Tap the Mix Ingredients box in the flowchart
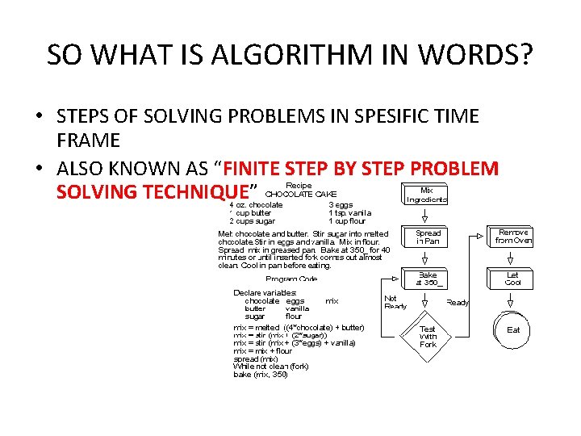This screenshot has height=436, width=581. click(428, 195)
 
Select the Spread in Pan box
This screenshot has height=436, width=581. click(428, 237)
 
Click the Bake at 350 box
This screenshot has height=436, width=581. click(428, 279)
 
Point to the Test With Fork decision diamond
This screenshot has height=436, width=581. click(428, 336)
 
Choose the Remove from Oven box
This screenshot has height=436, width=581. click(514, 236)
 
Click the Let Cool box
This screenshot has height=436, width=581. click(513, 279)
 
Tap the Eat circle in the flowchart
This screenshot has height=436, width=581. click(513, 329)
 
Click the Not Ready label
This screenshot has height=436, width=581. click(395, 302)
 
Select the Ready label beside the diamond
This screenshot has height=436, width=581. click(458, 302)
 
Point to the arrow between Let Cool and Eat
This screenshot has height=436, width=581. click(513, 300)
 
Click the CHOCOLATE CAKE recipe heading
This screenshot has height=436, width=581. click(301, 194)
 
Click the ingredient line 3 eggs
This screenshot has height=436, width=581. click(341, 204)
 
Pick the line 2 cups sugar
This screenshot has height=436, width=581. click(252, 220)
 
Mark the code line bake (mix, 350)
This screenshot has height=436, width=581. click(260, 375)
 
